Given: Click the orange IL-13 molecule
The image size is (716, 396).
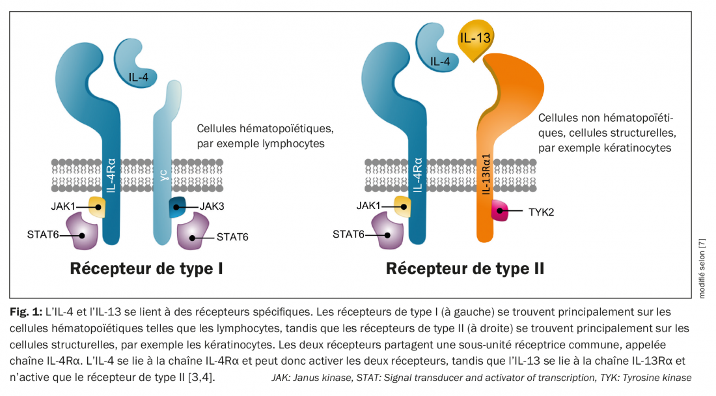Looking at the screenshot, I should point(475,38).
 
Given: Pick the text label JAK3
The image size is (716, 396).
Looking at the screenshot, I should point(212,207).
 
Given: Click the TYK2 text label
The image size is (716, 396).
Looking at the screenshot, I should point(542,212).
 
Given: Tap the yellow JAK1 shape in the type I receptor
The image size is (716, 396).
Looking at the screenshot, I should point(96,207).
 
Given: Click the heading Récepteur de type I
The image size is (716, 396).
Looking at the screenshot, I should point(146,268).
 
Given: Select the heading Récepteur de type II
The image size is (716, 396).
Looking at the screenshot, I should point(465,268).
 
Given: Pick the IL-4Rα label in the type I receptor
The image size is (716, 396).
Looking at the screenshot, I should point(111,174).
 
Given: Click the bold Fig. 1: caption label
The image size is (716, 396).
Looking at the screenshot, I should point(26,312).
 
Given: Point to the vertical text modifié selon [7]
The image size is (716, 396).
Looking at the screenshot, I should point(702,268).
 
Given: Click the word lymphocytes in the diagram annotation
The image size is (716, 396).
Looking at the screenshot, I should point(292,143).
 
